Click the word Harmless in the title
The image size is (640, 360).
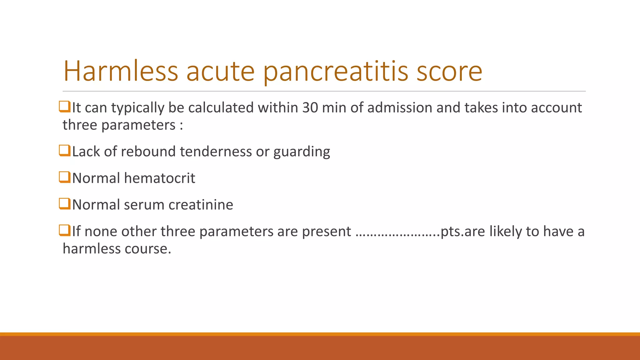coord(121,71)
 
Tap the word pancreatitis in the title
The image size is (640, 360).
coord(336,72)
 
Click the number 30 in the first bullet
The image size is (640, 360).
coord(310,108)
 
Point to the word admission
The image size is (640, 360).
coord(399,108)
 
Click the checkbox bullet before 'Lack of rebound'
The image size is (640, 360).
coord(64,151)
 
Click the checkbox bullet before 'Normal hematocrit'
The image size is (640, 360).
coord(64,177)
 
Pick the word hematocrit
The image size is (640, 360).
coord(160,178)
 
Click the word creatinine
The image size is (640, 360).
coord(201,205)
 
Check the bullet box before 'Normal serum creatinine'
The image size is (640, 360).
coord(64,204)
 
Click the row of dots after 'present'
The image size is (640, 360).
coord(398,233)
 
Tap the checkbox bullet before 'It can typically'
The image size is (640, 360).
coord(64,107)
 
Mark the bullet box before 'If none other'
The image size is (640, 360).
coord(64,230)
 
